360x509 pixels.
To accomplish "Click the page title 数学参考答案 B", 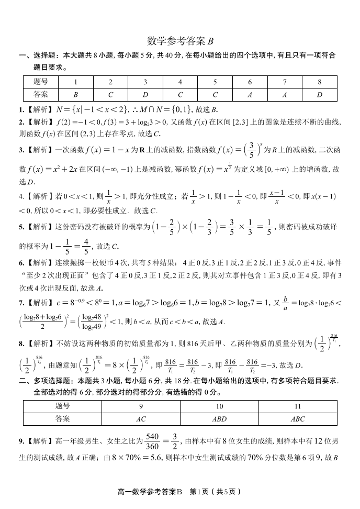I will click(180, 41).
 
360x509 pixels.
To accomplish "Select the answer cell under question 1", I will click(75, 94).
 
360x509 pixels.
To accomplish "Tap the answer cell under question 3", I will click(145, 94).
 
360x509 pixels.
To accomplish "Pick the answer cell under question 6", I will click(250, 94).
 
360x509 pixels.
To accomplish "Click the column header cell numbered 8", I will click(319, 82).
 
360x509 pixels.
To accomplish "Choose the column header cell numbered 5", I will click(215, 82).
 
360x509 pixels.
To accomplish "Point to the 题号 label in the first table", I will click(41, 82).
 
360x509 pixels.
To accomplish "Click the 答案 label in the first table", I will click(41, 94).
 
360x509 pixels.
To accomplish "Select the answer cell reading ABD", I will click(219, 419).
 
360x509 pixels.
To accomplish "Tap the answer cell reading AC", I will click(141, 419).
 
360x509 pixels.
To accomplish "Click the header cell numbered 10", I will click(219, 406).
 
